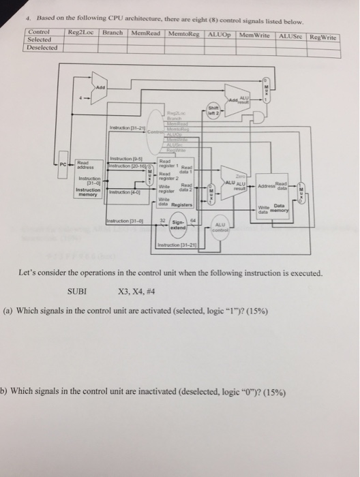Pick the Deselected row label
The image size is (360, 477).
point(42,48)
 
